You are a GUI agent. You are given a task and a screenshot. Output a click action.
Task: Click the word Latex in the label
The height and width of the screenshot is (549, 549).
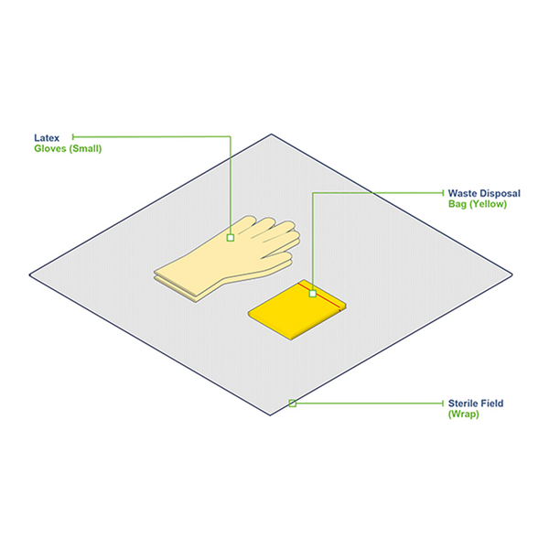pyautogui.click(x=47, y=137)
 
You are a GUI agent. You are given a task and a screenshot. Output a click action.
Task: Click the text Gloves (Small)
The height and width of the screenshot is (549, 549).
pyautogui.click(x=68, y=148)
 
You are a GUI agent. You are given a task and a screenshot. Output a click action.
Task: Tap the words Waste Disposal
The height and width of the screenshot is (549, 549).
pyautogui.click(x=483, y=193)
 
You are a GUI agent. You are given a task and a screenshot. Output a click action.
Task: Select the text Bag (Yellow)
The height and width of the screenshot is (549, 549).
pyautogui.click(x=477, y=204)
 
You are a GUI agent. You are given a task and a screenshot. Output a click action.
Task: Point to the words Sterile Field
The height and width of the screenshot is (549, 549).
pyautogui.click(x=475, y=403)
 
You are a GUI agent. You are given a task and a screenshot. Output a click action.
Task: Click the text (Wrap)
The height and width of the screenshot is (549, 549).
pyautogui.click(x=463, y=414)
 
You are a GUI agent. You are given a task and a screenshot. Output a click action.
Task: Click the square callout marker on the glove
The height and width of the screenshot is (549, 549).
pyautogui.click(x=231, y=238)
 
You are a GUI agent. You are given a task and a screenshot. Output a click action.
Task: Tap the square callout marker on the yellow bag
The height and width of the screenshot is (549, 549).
pyautogui.click(x=313, y=294)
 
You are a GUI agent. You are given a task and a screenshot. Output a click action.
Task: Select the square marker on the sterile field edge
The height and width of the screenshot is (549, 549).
pyautogui.click(x=293, y=403)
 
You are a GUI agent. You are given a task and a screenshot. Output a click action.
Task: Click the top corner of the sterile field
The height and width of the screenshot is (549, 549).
pyautogui.click(x=272, y=135)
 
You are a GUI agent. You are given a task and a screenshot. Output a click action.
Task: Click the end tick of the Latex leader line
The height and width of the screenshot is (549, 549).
pyautogui.click(x=73, y=137)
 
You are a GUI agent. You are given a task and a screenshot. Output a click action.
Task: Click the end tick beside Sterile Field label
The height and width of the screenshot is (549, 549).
pyautogui.click(x=442, y=403)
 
